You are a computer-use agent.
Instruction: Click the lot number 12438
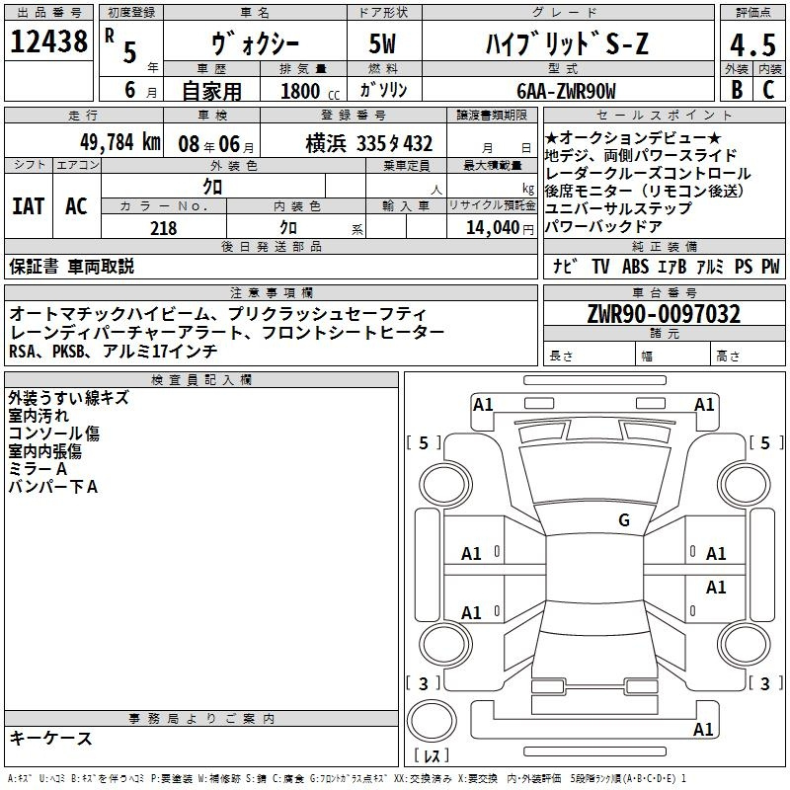(48, 41)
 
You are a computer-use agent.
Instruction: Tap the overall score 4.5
(752, 44)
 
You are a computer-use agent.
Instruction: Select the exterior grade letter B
(737, 89)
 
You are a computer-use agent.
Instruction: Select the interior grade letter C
(768, 89)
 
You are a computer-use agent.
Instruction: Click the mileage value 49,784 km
(120, 142)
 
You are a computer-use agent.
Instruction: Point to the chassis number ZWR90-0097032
(664, 314)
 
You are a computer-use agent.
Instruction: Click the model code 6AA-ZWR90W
(566, 91)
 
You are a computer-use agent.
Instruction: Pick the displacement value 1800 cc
(310, 91)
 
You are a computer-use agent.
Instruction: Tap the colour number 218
(163, 228)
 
